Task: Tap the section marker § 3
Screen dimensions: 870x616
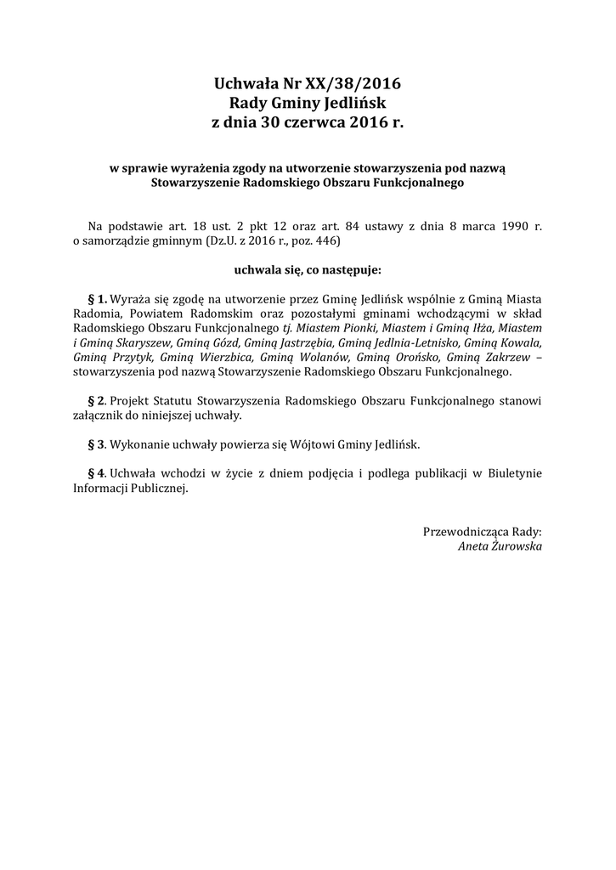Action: pos(98,443)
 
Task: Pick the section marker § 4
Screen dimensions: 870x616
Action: pos(98,472)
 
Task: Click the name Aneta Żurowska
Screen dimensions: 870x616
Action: pos(499,546)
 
